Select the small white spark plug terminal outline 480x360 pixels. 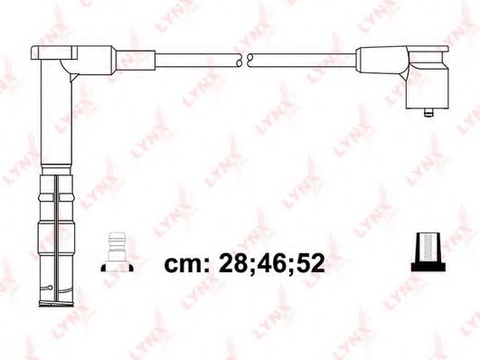[x=114, y=249]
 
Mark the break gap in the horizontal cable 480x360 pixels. [x=243, y=61]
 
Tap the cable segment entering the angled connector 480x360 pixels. [x=307, y=61]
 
